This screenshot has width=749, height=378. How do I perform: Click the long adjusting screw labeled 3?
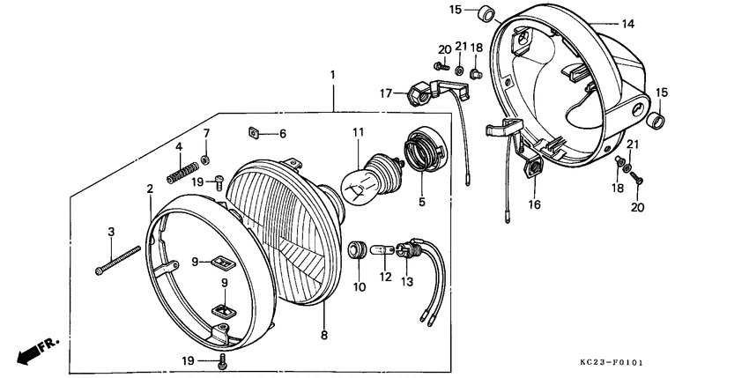117,260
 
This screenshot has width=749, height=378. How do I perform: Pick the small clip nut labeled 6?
253,134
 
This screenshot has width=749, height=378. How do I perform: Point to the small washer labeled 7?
205,159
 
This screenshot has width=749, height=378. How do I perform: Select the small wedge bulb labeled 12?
384,250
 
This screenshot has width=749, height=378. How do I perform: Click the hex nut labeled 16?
532,168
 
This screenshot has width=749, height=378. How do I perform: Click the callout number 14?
628,25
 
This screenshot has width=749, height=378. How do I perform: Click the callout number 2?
150,188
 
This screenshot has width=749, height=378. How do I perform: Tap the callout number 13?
407,282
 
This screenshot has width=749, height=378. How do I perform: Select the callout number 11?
359,133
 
